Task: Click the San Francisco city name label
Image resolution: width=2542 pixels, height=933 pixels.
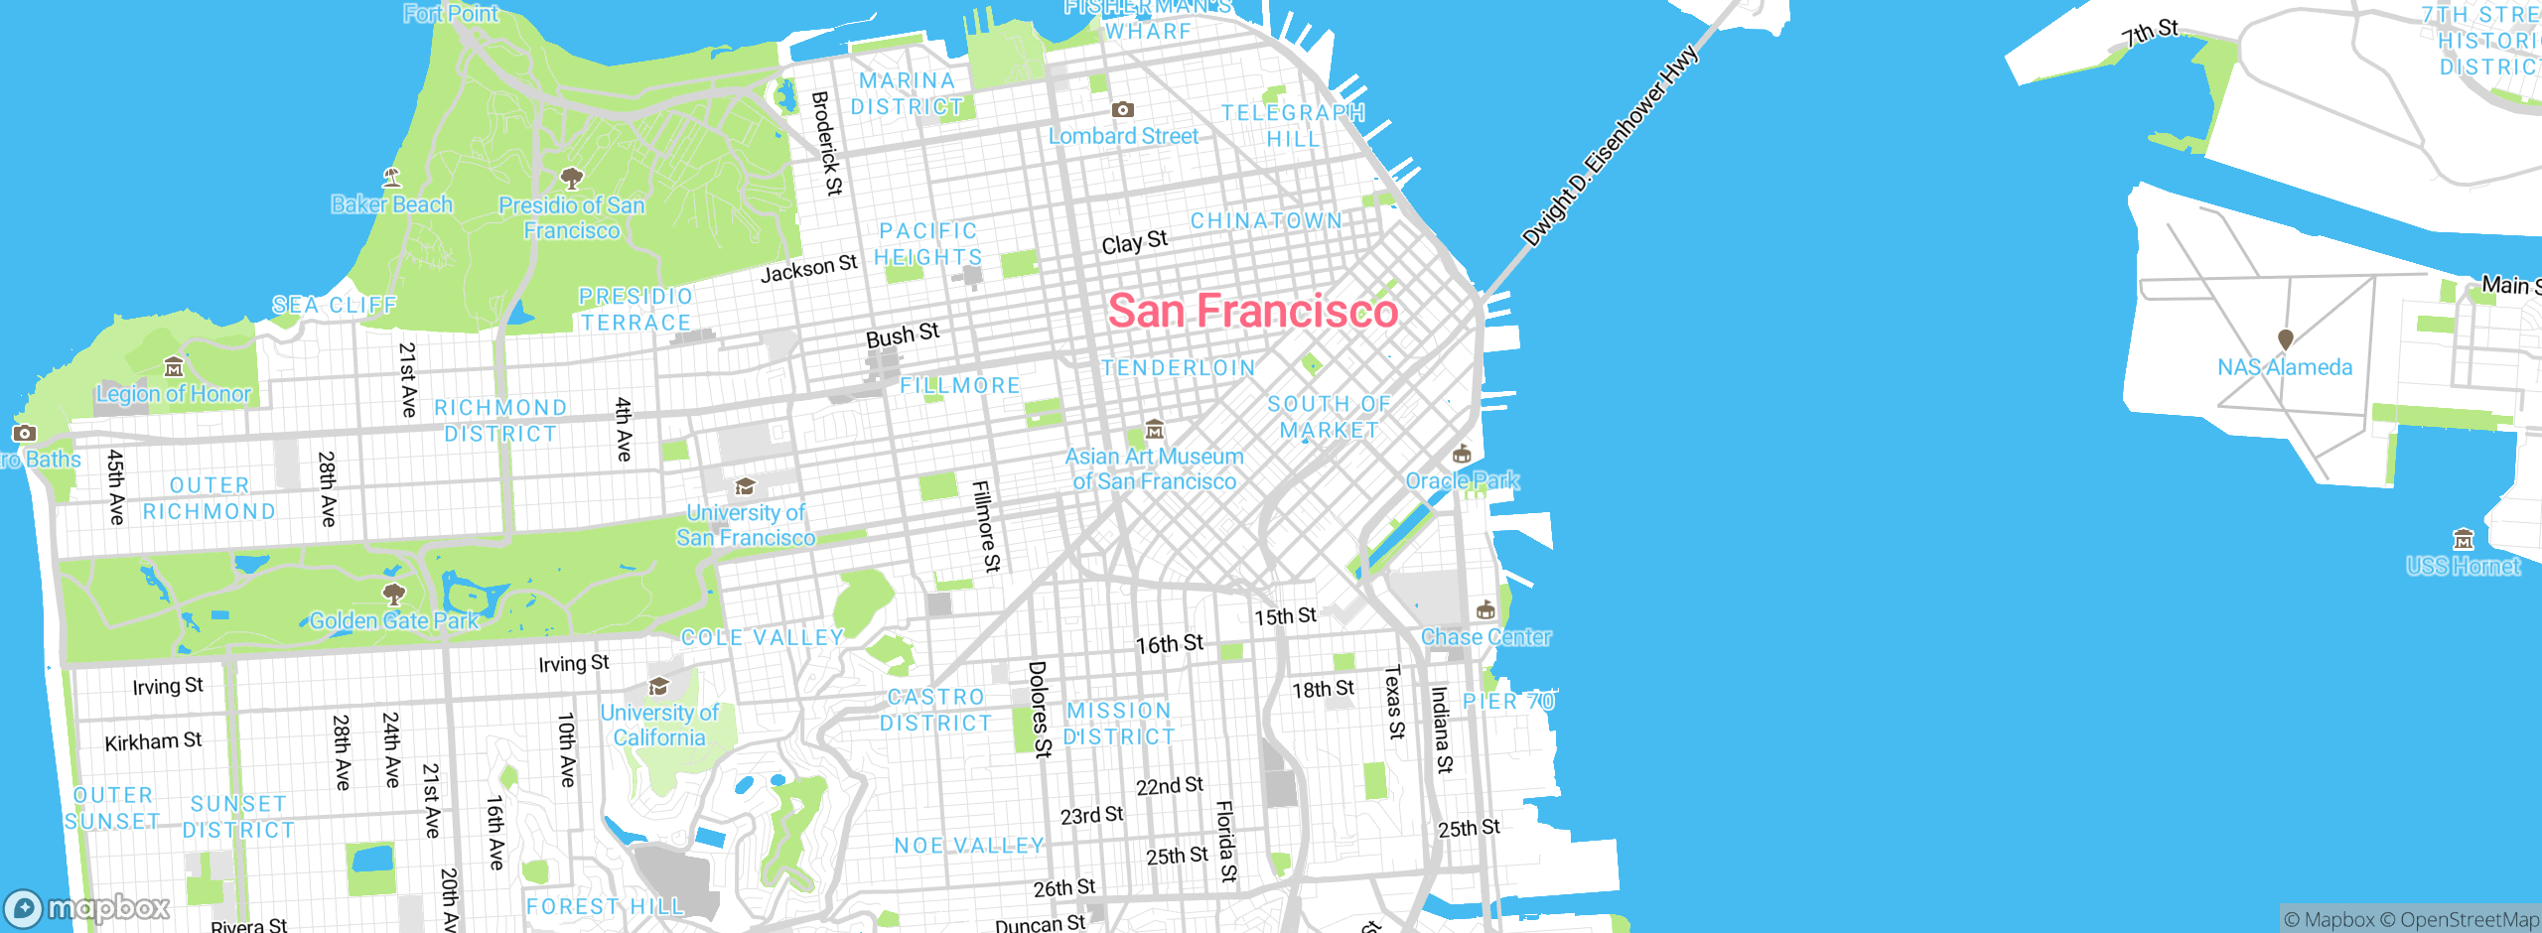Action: pyautogui.click(x=1252, y=311)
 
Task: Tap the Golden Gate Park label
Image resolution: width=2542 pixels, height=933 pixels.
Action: pyautogui.click(x=394, y=621)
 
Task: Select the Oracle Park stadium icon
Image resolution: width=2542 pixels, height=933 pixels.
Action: pyautogui.click(x=1461, y=455)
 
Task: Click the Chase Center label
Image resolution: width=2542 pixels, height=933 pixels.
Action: pyautogui.click(x=1485, y=637)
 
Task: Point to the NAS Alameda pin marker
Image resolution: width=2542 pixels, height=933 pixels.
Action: pyautogui.click(x=2285, y=339)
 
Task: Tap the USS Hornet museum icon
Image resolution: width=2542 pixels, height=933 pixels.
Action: pyautogui.click(x=2464, y=540)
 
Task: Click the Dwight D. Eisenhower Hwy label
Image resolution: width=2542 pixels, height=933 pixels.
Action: pyautogui.click(x=1610, y=146)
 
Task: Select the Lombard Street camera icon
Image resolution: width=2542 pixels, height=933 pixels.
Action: pyautogui.click(x=1122, y=109)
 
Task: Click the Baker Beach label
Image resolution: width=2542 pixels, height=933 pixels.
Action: pyautogui.click(x=391, y=204)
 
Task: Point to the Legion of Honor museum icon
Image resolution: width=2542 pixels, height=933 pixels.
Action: pyautogui.click(x=174, y=367)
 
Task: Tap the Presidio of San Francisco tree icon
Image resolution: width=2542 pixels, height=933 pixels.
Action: pyautogui.click(x=571, y=179)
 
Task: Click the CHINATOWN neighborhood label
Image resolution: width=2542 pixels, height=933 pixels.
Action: pyautogui.click(x=1266, y=220)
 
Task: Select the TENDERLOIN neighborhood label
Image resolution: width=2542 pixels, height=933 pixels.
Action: pyautogui.click(x=1179, y=368)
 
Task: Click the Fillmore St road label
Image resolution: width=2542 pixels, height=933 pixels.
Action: pyautogui.click(x=986, y=526)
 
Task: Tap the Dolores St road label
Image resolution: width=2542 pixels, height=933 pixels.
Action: pyautogui.click(x=1039, y=709)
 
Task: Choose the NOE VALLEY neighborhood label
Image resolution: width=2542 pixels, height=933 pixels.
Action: pyautogui.click(x=969, y=846)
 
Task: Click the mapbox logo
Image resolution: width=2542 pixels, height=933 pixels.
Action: pyautogui.click(x=87, y=907)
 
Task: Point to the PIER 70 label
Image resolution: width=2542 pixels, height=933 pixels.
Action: pyautogui.click(x=1508, y=701)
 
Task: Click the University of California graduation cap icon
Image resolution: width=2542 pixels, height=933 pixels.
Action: pyautogui.click(x=658, y=687)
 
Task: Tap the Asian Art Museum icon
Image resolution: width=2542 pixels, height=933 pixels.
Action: pyautogui.click(x=1154, y=430)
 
